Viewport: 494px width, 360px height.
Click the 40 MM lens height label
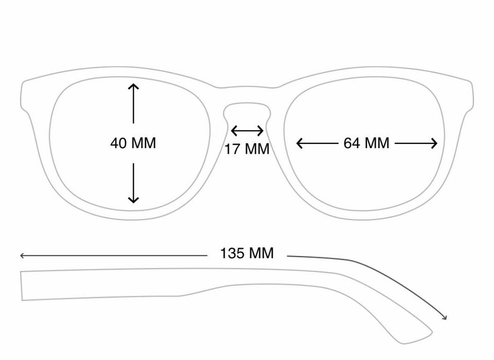click(133, 143)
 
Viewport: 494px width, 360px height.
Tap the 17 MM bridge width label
click(247, 149)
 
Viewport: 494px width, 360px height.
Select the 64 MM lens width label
click(366, 143)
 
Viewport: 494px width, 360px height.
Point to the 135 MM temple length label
click(247, 253)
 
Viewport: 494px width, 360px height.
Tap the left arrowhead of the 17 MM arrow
click(234, 131)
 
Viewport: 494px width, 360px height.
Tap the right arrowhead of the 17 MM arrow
click(260, 131)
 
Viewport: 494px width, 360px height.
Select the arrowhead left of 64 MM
click(299, 143)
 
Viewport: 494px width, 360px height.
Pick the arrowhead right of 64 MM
click(434, 143)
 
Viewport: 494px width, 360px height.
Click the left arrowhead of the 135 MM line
click(22, 256)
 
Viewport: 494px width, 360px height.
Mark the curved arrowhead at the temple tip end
click(445, 317)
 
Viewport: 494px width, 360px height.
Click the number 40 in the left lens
click(118, 143)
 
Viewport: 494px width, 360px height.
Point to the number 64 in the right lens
click(351, 143)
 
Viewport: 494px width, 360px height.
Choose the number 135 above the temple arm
click(232, 253)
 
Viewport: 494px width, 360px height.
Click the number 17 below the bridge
click(232, 149)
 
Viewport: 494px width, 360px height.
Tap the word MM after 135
click(261, 253)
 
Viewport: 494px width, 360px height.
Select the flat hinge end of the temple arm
click(22, 285)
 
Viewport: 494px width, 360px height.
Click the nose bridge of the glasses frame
click(248, 95)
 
